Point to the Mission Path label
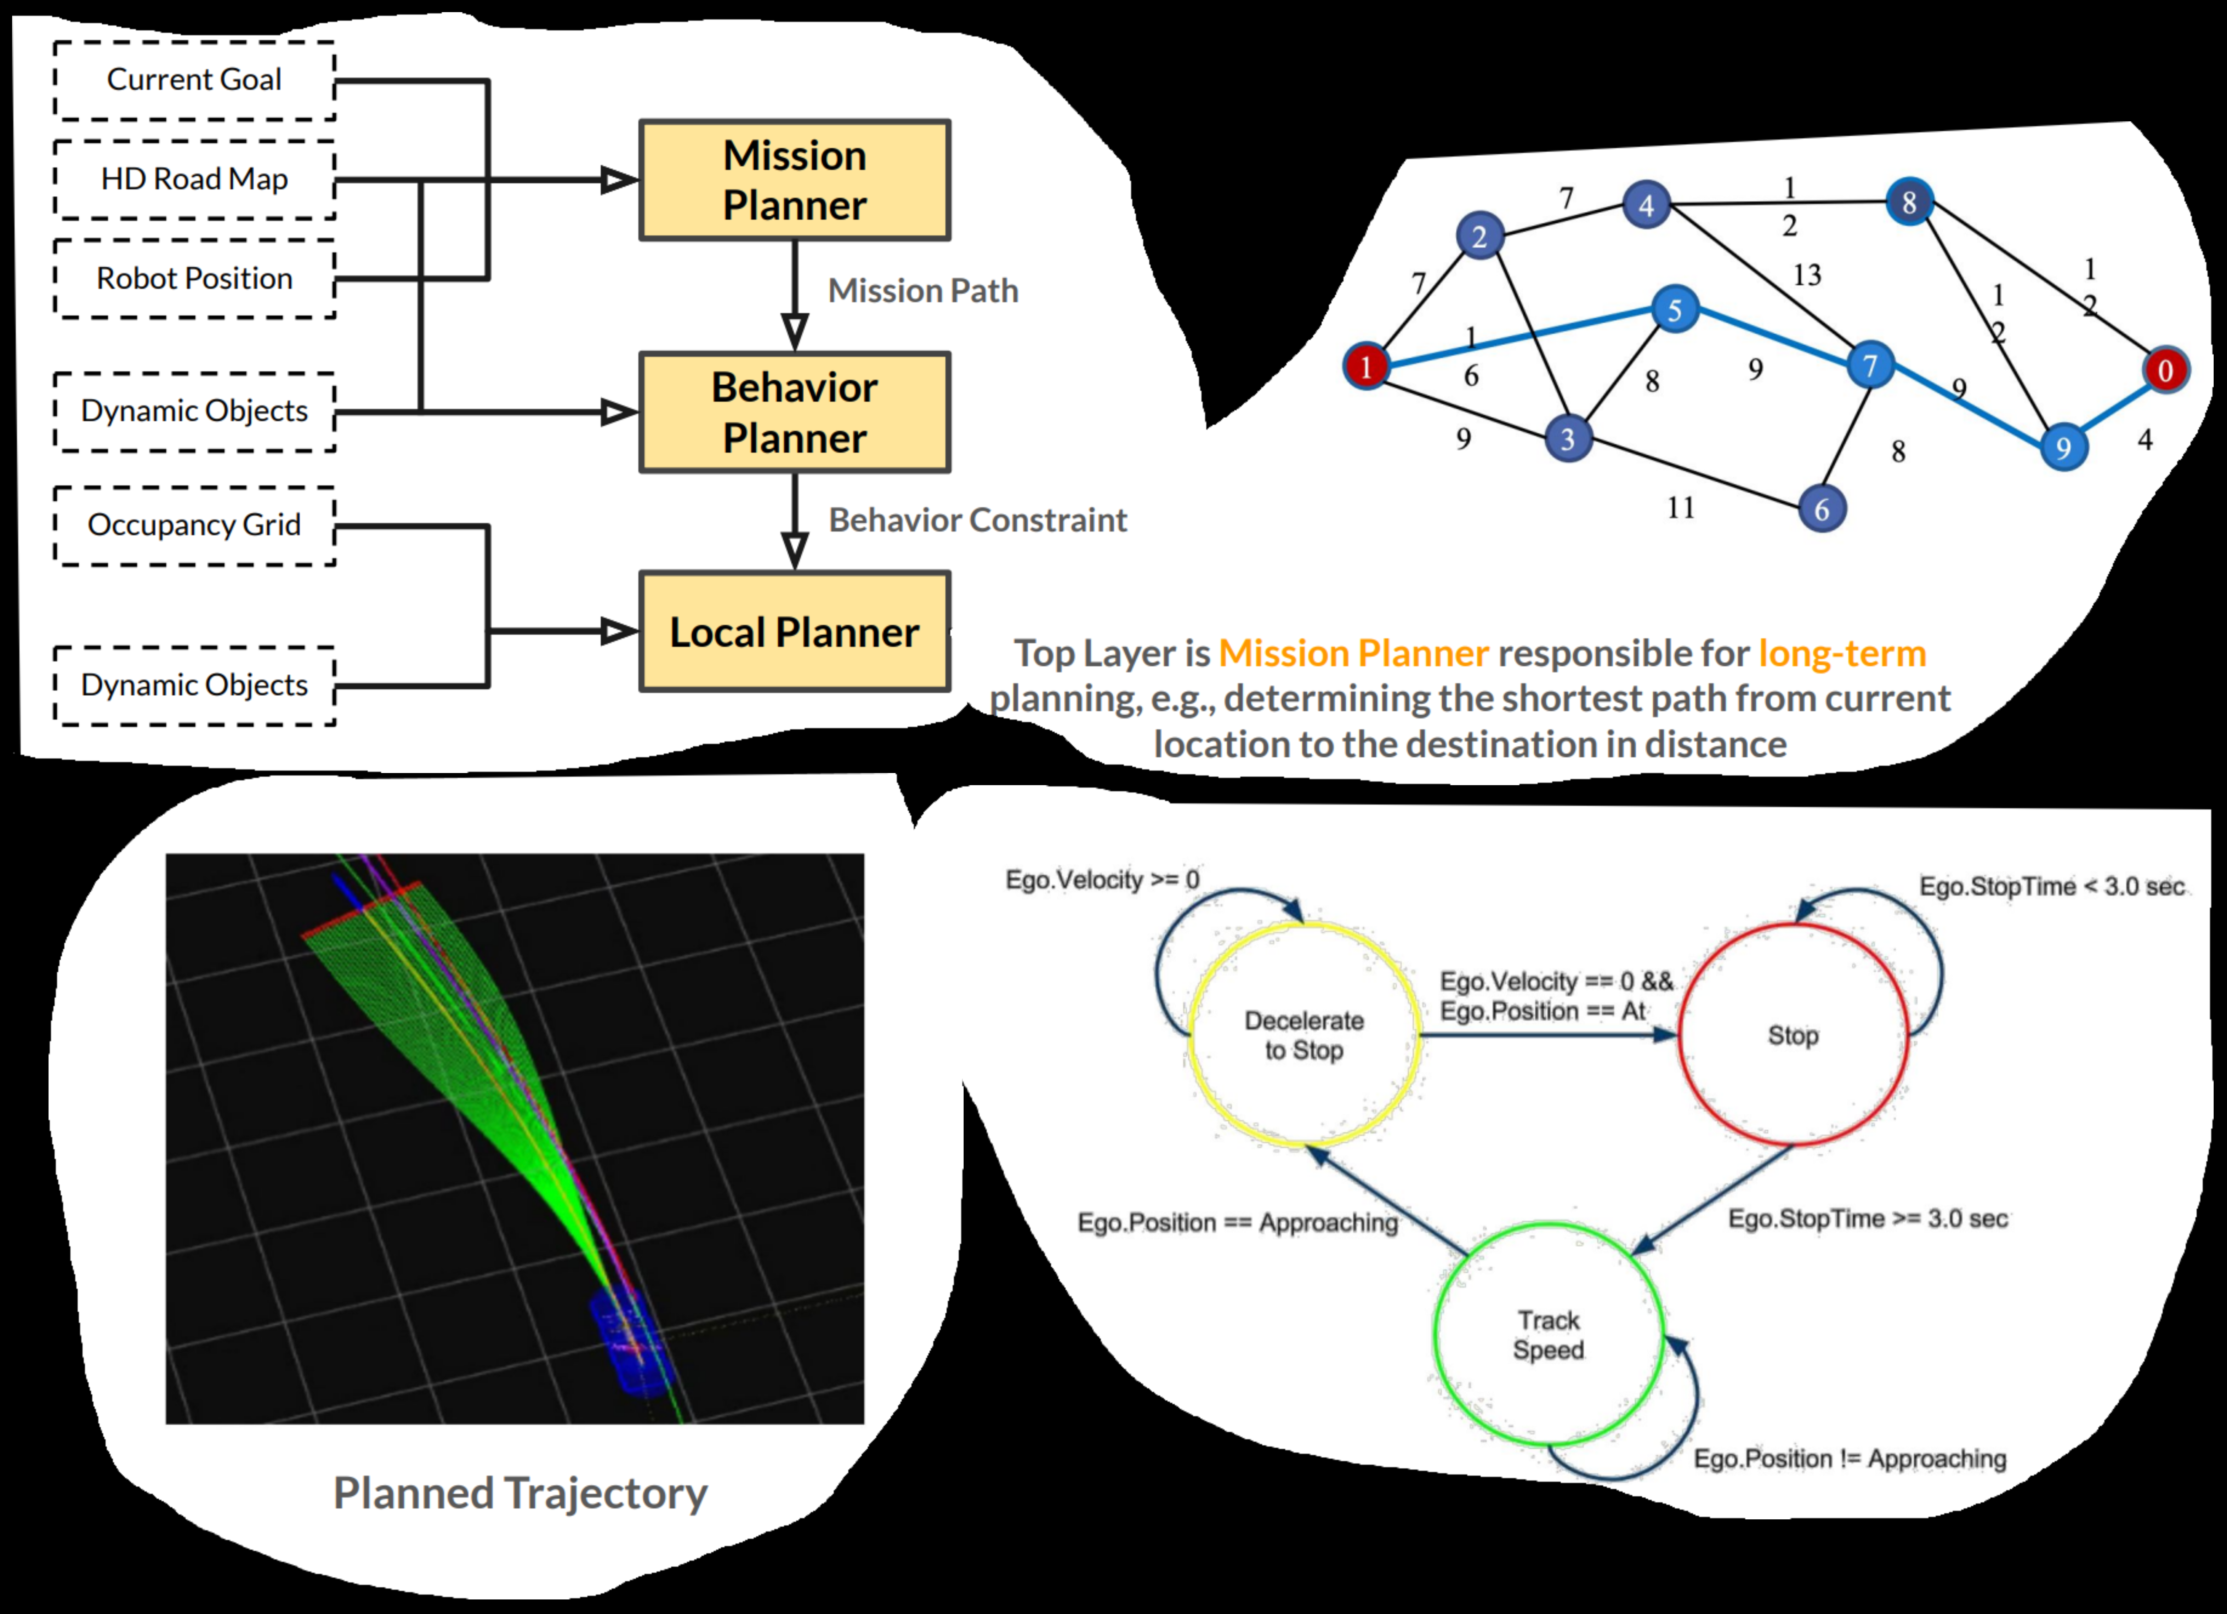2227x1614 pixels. click(923, 291)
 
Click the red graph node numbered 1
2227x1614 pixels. click(1366, 366)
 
